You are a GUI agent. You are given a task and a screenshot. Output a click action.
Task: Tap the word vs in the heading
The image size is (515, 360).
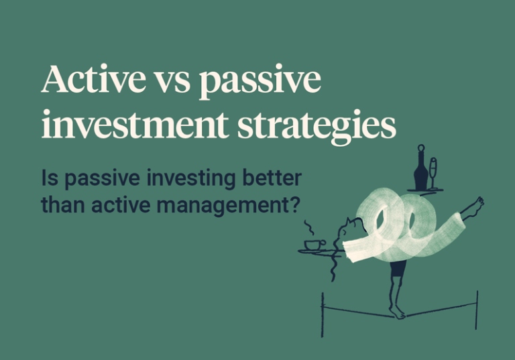pos(176,82)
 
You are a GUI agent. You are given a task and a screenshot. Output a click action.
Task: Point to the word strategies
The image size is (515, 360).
pos(310,127)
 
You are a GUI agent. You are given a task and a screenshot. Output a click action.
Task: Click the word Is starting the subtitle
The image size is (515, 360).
pos(49,179)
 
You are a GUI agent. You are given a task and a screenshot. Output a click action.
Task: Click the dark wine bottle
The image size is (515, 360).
pos(420,168)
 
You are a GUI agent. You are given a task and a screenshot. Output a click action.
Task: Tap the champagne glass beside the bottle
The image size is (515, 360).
pos(433,172)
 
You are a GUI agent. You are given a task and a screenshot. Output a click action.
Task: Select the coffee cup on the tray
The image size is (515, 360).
pos(314,244)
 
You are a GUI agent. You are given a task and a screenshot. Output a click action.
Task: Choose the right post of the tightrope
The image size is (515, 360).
pos(477,310)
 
